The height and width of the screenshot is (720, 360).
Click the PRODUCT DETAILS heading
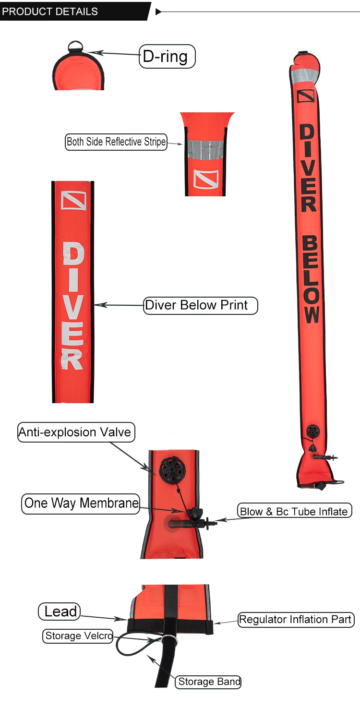[50, 12]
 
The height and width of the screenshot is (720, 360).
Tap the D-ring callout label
[167, 57]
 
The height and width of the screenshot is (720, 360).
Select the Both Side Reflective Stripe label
[116, 142]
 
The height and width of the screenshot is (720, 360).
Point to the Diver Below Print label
[200, 305]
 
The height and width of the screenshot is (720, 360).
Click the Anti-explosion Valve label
[76, 432]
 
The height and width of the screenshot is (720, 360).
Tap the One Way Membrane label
[81, 504]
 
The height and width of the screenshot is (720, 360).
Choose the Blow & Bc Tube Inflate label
[294, 511]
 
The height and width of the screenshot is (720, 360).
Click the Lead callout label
[60, 612]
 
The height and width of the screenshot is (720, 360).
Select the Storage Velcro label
[78, 636]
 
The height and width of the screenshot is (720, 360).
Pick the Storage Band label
[209, 682]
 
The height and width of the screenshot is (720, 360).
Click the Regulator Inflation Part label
[296, 620]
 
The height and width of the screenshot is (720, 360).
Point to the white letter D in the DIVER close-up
[73, 254]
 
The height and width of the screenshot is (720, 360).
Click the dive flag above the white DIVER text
[73, 201]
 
